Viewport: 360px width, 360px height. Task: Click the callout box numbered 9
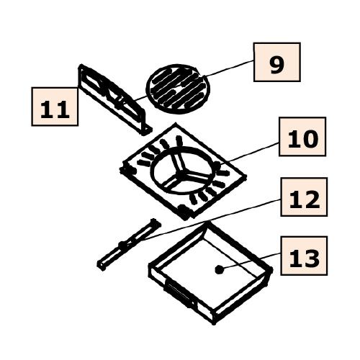click(x=277, y=62)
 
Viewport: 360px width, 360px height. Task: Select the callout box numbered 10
click(x=302, y=137)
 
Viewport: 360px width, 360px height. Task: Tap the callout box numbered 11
click(x=55, y=107)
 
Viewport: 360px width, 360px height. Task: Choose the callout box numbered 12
click(x=304, y=197)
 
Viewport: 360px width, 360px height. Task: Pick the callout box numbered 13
click(x=304, y=256)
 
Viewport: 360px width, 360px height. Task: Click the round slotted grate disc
click(x=178, y=89)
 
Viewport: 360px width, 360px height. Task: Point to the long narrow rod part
click(x=129, y=245)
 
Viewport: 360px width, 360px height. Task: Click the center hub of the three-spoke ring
click(x=181, y=176)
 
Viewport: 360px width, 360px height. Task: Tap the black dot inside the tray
click(x=219, y=270)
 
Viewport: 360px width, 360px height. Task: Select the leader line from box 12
click(x=211, y=220)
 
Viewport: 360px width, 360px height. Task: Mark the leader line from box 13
click(x=250, y=261)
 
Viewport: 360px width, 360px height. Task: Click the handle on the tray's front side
click(x=179, y=294)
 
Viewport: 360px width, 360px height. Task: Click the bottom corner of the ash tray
click(x=214, y=323)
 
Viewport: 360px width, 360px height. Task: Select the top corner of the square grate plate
click(x=176, y=124)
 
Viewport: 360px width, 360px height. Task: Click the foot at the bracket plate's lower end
click(x=147, y=131)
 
